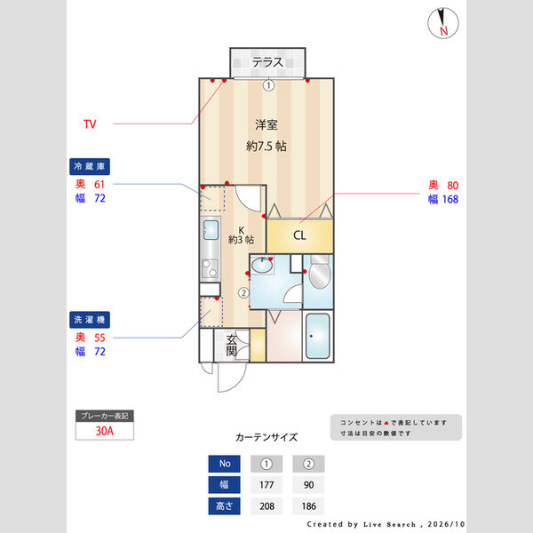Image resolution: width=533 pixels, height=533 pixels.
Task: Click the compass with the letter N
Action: point(443,23)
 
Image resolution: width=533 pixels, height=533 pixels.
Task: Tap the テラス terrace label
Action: point(267,62)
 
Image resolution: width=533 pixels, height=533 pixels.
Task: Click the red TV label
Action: point(90,124)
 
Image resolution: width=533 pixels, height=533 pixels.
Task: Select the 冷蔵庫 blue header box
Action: point(90,166)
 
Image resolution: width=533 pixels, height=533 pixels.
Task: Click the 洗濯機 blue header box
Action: point(90,320)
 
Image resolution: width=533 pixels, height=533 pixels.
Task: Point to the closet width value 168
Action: point(450,199)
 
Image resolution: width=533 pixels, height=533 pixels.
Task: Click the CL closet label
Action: point(299,235)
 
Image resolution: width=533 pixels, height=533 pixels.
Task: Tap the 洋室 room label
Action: point(266,124)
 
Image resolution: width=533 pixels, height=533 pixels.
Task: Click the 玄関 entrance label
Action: point(232,346)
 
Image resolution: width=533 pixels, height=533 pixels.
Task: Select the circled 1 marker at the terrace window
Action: point(268,85)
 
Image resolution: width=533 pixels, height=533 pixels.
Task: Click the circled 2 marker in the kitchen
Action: point(243,292)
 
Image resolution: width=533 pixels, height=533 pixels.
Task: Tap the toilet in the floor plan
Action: point(320,272)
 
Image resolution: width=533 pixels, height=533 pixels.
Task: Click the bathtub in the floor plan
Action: point(318,336)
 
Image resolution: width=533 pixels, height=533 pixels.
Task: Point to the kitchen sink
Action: point(211,230)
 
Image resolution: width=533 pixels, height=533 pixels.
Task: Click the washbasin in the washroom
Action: point(262,265)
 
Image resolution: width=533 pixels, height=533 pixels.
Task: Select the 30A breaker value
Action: point(105,431)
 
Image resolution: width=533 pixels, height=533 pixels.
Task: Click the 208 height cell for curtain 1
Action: point(266,506)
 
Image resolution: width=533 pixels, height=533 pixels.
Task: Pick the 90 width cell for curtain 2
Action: point(308,485)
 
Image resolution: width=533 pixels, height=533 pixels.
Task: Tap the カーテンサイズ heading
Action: point(266,437)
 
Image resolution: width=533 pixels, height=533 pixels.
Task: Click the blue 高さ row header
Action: point(225,506)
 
